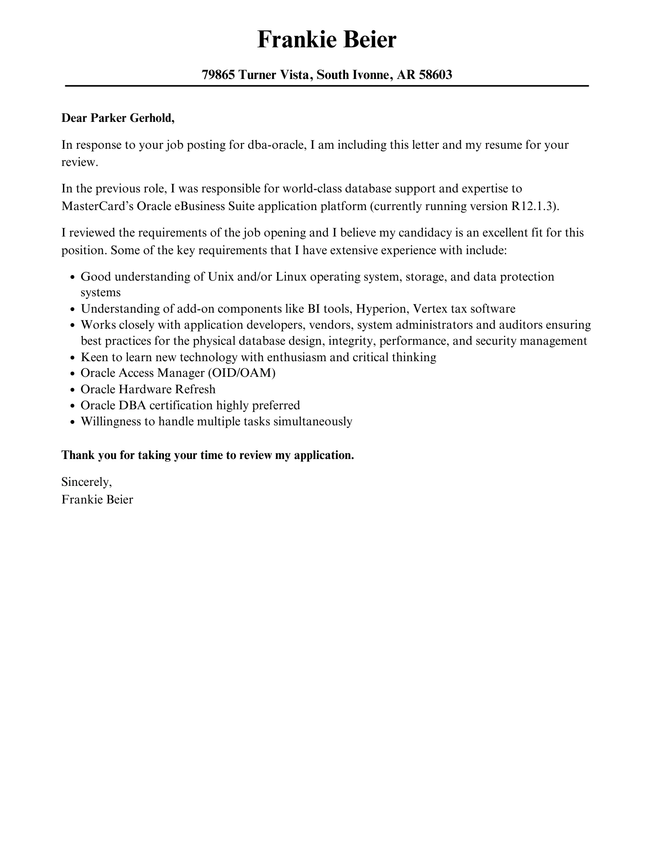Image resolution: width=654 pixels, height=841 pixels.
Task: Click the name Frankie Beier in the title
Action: coord(327,40)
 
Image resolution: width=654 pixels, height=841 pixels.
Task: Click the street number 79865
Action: coord(218,75)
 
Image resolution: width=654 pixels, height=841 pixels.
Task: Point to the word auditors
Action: coord(515,325)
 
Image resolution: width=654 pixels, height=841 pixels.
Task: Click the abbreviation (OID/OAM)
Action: coord(242,373)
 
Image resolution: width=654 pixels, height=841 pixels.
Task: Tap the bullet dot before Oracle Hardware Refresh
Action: coord(73,390)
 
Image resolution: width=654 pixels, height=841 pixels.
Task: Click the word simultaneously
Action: coord(313,421)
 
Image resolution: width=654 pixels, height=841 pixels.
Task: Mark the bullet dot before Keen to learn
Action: coord(73,358)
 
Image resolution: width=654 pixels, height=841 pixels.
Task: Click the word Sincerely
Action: coord(87,482)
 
